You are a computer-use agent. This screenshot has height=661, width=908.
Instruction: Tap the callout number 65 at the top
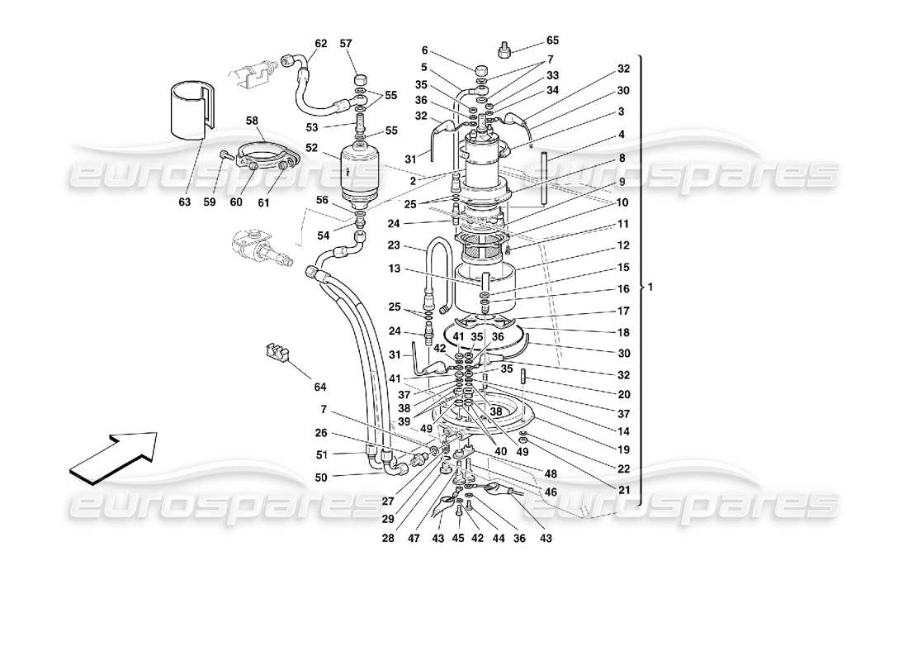click(552, 40)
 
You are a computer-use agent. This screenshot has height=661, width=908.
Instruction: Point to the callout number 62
click(321, 43)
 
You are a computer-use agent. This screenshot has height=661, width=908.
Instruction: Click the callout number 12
click(623, 245)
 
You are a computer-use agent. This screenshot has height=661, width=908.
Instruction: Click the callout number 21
click(623, 490)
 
